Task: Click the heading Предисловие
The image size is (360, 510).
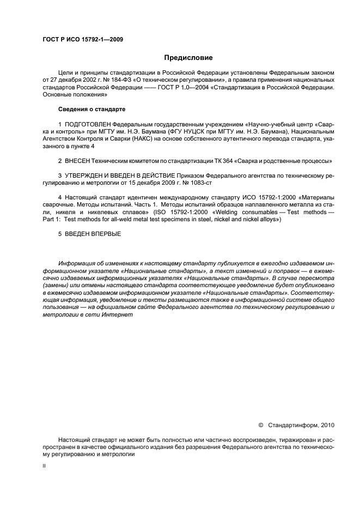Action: (x=188, y=57)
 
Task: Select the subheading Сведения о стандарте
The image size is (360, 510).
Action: (x=92, y=109)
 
